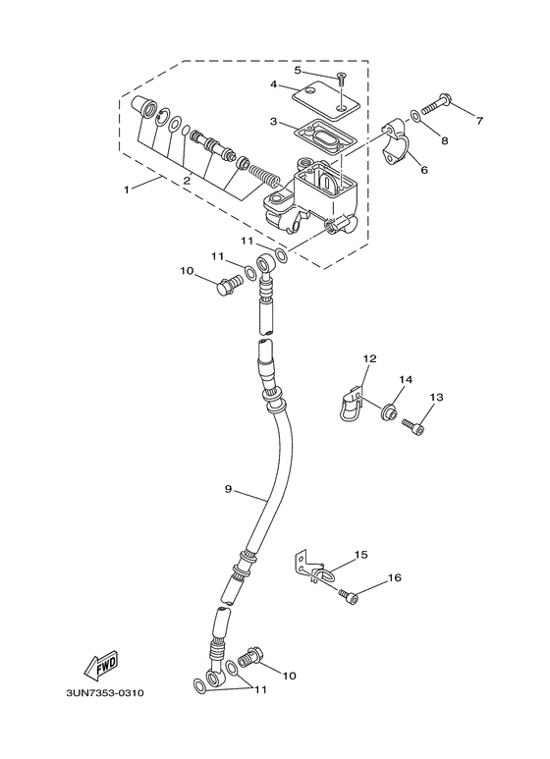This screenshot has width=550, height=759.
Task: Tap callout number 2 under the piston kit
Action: tap(186, 181)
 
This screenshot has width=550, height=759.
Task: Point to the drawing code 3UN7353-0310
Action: tap(105, 693)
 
